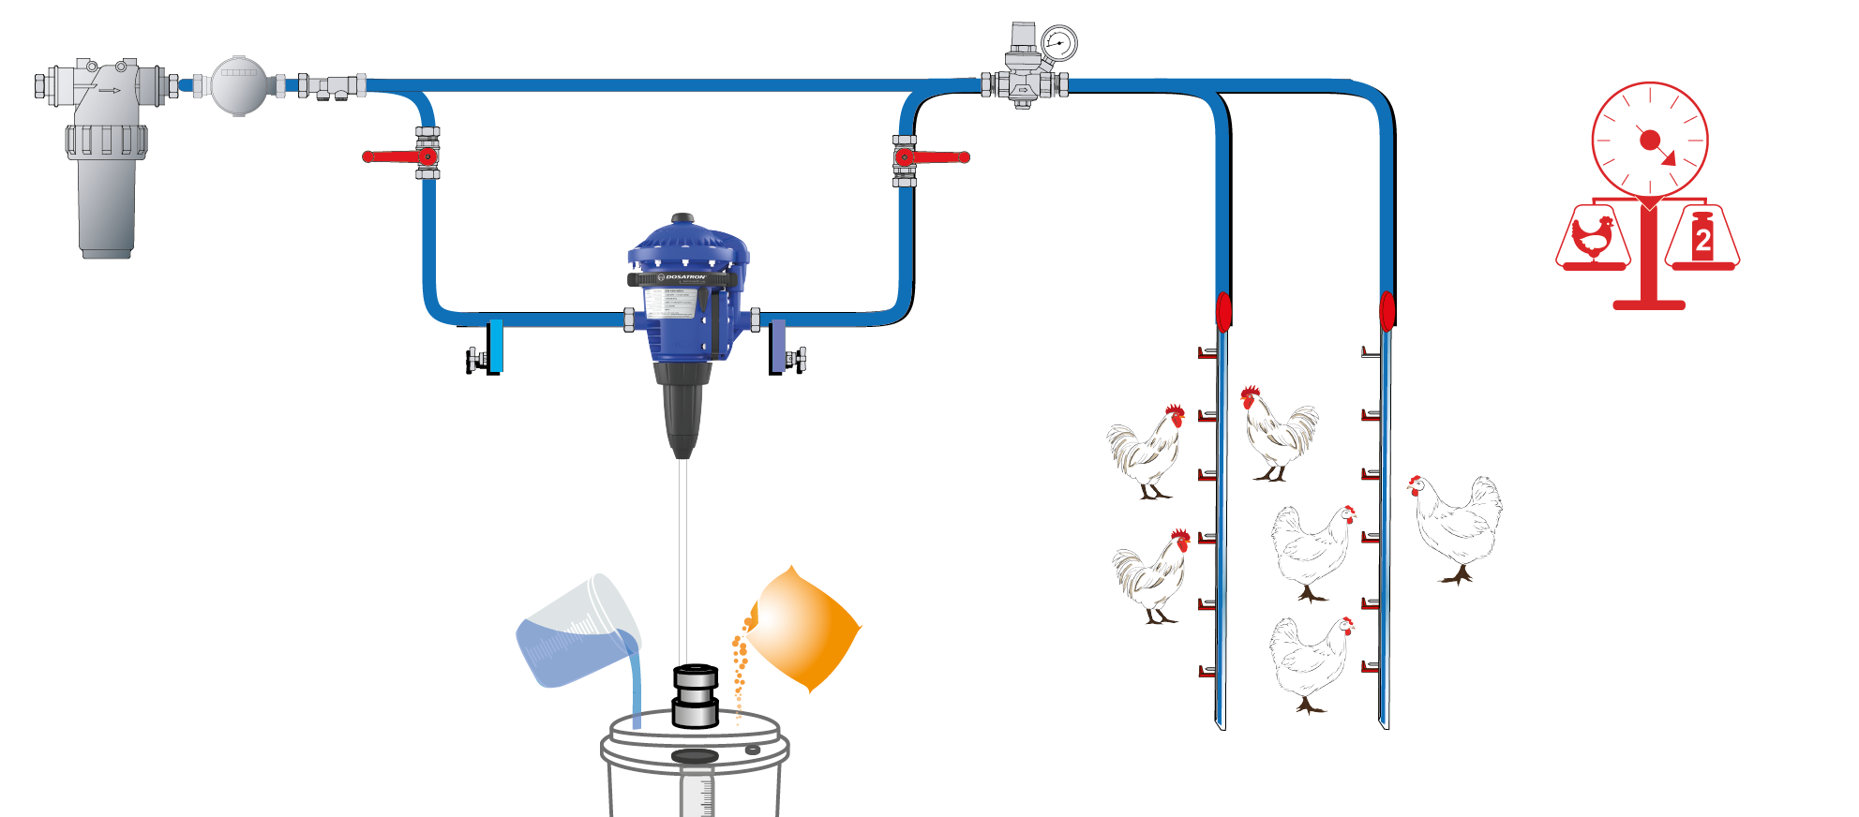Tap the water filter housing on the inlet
click(x=105, y=187)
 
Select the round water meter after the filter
click(x=238, y=85)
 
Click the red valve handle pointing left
click(x=392, y=156)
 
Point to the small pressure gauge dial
click(x=1058, y=43)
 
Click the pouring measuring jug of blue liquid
click(x=576, y=632)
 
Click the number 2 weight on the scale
click(x=1702, y=238)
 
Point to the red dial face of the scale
click(x=1650, y=141)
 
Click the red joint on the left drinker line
click(x=1223, y=311)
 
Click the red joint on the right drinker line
click(x=1387, y=311)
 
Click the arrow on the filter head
click(x=110, y=91)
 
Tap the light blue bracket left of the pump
click(x=495, y=347)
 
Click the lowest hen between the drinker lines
click(x=1312, y=661)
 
